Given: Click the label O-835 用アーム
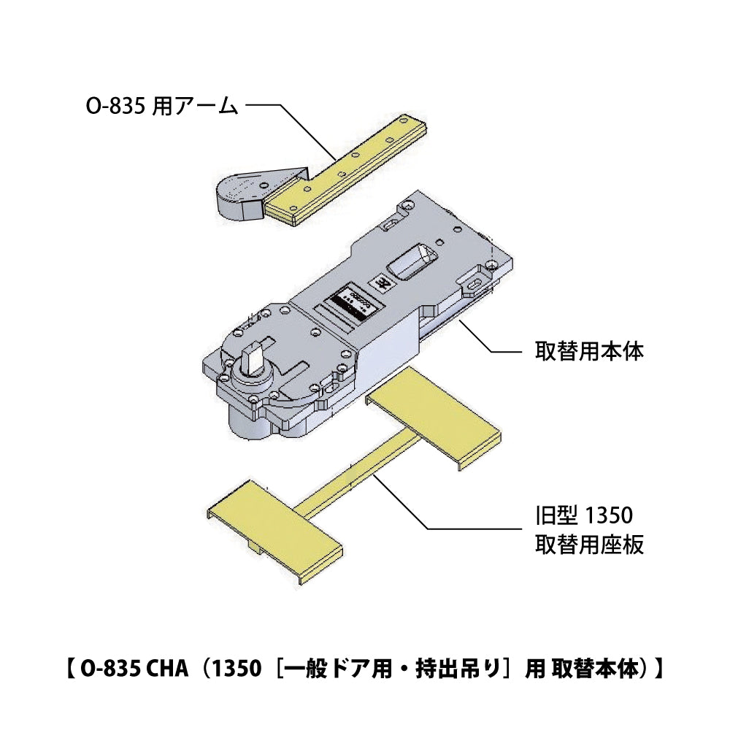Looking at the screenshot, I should (x=163, y=107).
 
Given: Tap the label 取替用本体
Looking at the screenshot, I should (x=588, y=351).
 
